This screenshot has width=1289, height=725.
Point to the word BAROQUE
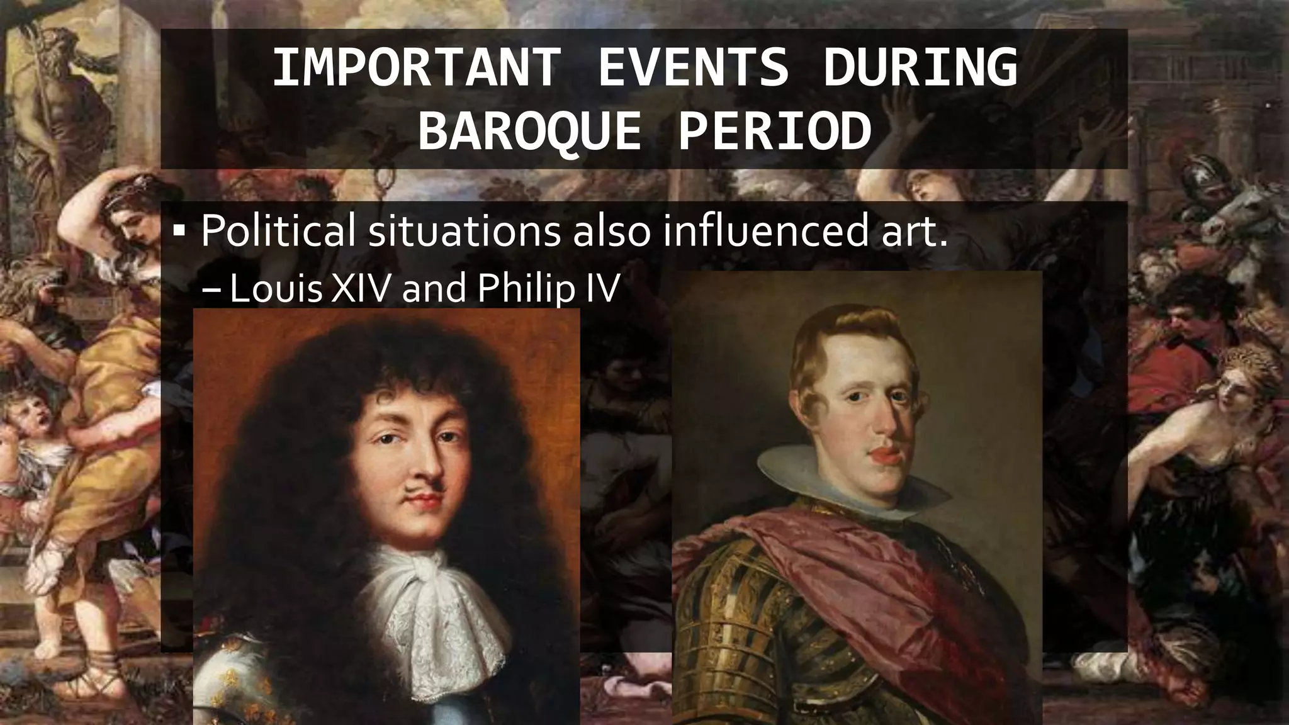[530, 132]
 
